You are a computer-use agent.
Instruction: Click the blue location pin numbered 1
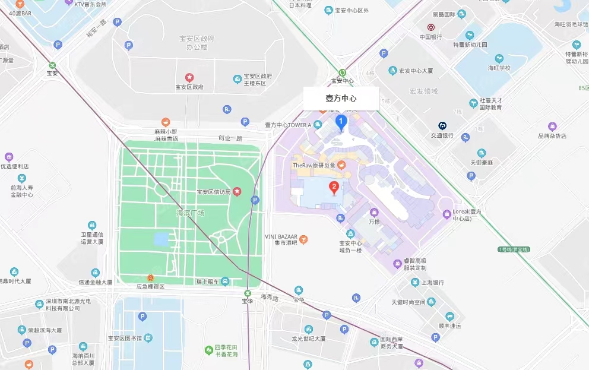(341, 122)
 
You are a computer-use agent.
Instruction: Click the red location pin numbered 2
(334, 188)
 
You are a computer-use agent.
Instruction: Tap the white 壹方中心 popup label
(341, 99)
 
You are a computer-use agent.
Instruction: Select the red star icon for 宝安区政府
(189, 77)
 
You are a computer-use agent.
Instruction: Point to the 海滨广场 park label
(190, 213)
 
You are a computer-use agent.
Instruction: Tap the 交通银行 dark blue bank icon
(442, 125)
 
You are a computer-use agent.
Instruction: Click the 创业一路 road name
(230, 138)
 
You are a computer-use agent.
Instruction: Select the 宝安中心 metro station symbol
(342, 72)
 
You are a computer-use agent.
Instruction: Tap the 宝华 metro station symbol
(248, 293)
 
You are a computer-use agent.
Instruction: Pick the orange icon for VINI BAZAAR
(303, 239)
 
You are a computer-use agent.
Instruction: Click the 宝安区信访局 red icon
(237, 191)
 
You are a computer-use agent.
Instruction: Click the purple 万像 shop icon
(374, 212)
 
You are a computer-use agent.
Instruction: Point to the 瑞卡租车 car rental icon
(225, 282)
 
